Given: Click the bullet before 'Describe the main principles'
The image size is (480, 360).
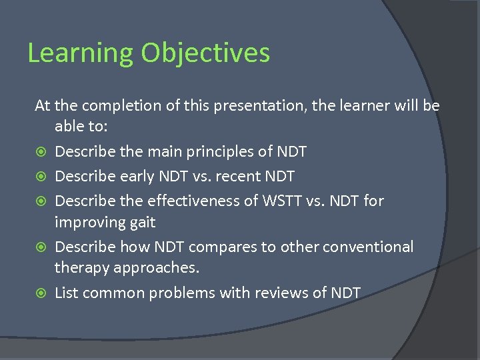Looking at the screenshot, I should click(41, 152).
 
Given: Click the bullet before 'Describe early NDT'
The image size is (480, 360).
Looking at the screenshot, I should click(41, 177).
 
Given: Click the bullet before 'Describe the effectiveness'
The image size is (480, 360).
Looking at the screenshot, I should click(41, 201).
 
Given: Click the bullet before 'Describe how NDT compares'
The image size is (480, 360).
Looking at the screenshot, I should click(41, 247).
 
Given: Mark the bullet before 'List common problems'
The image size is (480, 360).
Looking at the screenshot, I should click(41, 293).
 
